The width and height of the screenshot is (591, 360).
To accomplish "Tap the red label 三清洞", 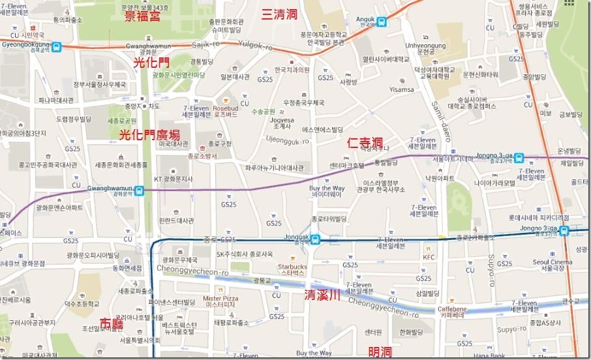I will [280, 14].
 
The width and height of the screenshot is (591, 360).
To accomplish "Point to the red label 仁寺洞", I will [365, 142].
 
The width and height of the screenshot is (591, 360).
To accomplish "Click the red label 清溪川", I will [322, 295].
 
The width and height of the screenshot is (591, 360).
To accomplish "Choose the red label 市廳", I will [114, 323].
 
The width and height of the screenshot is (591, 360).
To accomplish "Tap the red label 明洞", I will [380, 352].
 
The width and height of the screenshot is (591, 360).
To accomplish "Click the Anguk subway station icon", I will [380, 21].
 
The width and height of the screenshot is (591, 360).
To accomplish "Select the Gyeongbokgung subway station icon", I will [57, 47].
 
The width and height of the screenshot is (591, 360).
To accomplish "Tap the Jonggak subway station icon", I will [315, 239].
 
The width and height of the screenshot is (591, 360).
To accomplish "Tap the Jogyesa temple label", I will [282, 123].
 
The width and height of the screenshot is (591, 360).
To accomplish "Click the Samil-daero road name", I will [436, 115].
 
